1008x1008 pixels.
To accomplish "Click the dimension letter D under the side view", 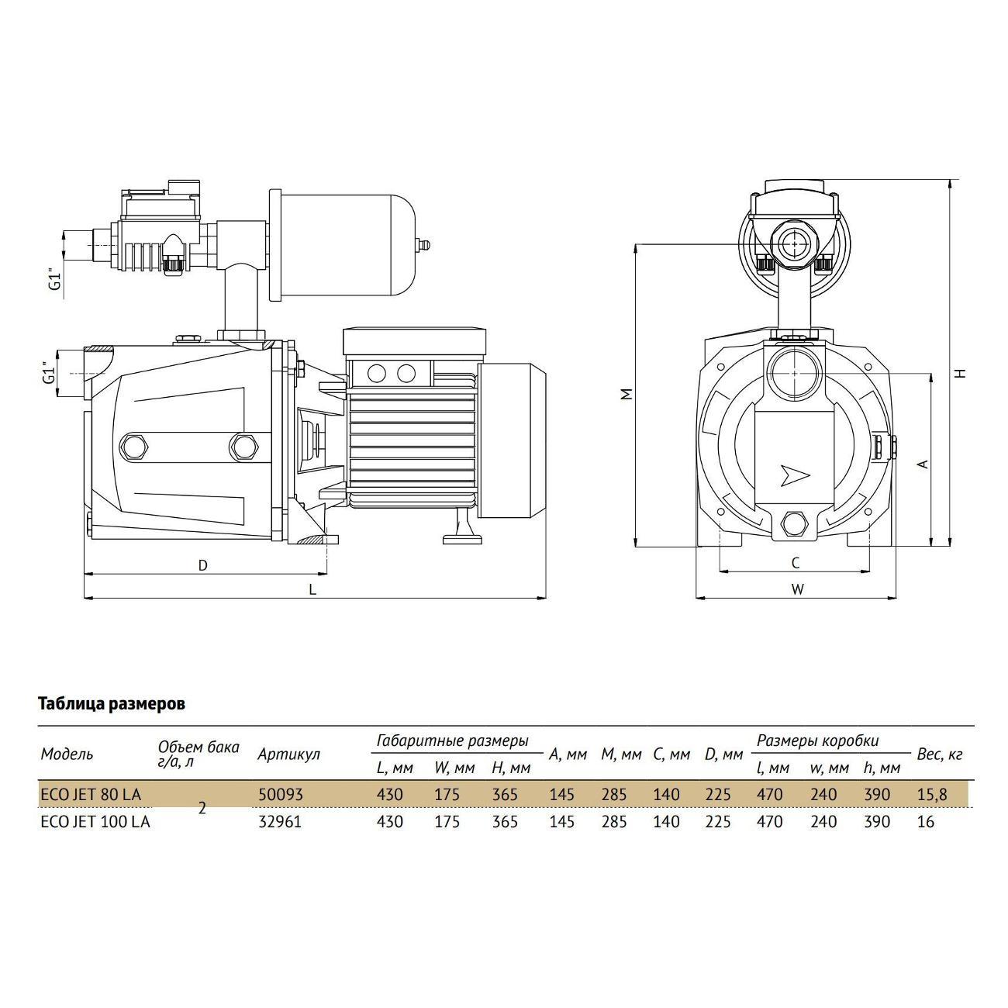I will click(203, 565).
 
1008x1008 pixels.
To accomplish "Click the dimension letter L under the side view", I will click(312, 589).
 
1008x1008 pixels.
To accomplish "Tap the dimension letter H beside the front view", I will click(960, 372).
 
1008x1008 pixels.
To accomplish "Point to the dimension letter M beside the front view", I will click(628, 394).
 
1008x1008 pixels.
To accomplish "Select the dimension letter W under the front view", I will click(797, 589).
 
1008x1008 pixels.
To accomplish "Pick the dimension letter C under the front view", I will click(795, 562).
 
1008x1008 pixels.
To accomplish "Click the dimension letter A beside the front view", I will click(923, 464).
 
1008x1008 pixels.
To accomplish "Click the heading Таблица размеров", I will click(112, 704).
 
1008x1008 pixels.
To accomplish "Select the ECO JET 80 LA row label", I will click(91, 795).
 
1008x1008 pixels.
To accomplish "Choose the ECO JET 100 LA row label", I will click(95, 822).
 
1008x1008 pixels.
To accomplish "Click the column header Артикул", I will click(288, 754).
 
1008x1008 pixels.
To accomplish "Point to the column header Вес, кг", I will click(940, 754).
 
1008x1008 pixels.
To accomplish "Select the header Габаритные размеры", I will click(453, 740).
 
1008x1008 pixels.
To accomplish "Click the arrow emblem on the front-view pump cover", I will click(796, 475).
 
